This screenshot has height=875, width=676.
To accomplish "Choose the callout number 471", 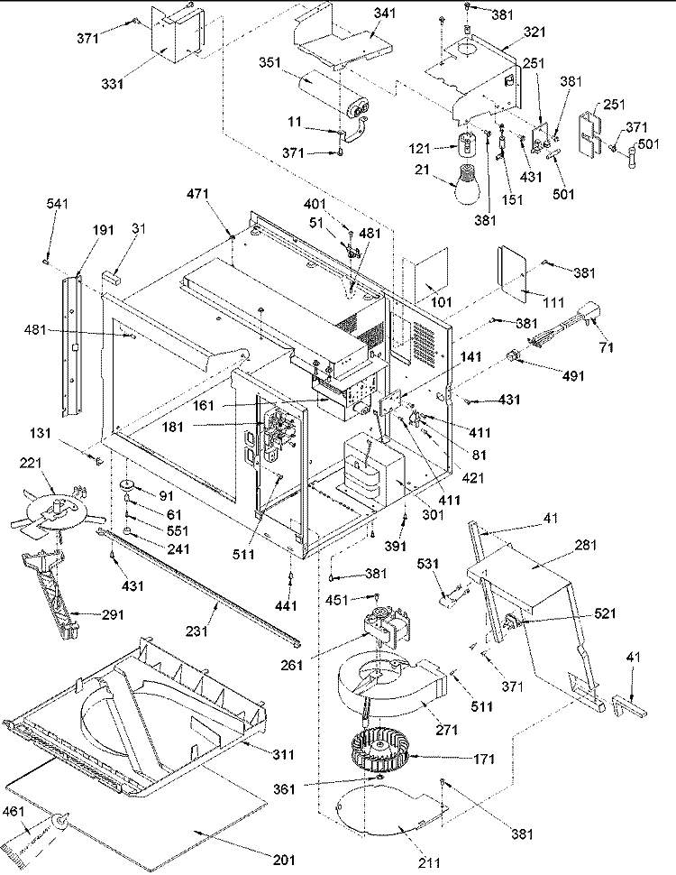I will coord(197,194).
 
